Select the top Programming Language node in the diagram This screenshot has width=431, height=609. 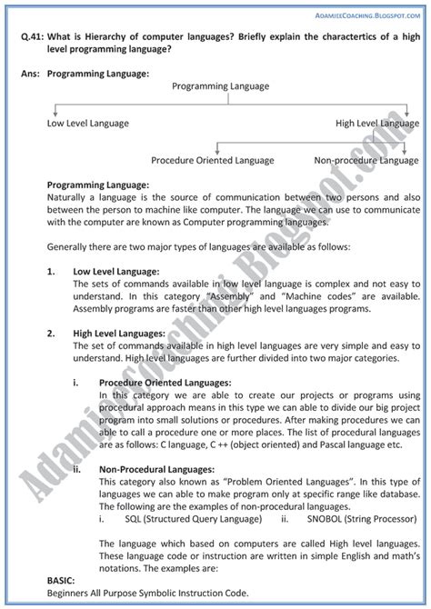[215, 86]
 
